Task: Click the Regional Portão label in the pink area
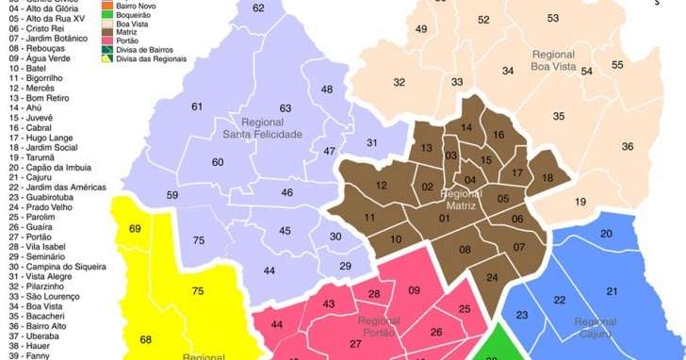[379, 328]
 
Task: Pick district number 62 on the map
[259, 8]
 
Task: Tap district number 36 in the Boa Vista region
[628, 147]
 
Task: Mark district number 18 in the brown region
[547, 179]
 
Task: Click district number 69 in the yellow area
[135, 229]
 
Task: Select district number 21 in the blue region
[612, 291]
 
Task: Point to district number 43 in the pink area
[329, 303]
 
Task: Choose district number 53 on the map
[553, 19]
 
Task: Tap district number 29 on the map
[346, 267]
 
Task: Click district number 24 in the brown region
[492, 277]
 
